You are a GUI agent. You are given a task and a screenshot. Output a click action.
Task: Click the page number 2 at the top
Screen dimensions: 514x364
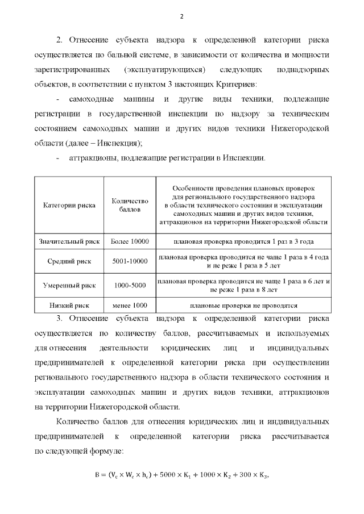[x=181, y=16]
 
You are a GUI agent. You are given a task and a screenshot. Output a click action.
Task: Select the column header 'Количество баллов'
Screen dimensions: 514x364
[x=130, y=204]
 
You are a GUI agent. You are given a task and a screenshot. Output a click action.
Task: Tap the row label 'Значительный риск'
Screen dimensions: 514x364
[x=69, y=241]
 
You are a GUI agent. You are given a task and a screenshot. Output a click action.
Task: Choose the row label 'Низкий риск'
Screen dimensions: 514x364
[x=69, y=305]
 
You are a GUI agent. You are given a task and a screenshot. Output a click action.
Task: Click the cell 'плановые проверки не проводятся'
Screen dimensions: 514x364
[x=244, y=305]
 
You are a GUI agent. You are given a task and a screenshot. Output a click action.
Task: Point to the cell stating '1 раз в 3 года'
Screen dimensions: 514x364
[x=244, y=241]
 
